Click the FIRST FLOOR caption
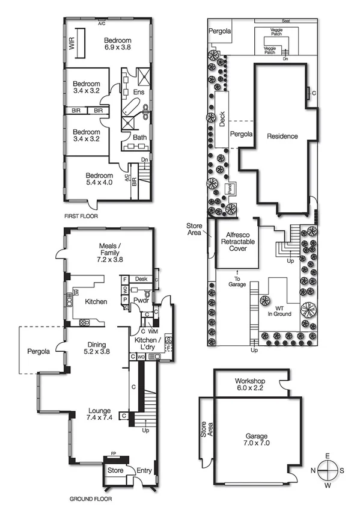(x=81, y=215)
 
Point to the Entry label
(x=144, y=471)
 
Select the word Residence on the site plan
(x=282, y=137)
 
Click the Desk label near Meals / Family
(x=141, y=279)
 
